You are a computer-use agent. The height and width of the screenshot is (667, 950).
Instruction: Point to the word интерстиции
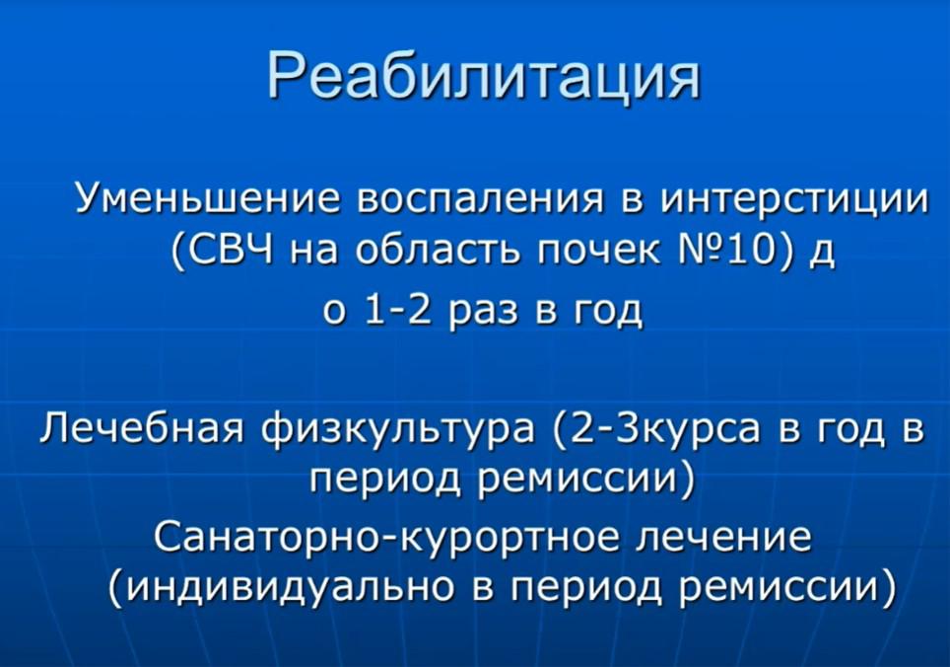point(794,199)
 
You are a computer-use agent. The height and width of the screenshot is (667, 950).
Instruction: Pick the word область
point(438,249)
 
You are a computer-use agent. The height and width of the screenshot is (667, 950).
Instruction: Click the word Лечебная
point(142,428)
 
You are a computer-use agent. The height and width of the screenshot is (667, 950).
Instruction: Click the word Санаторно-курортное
point(386,537)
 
